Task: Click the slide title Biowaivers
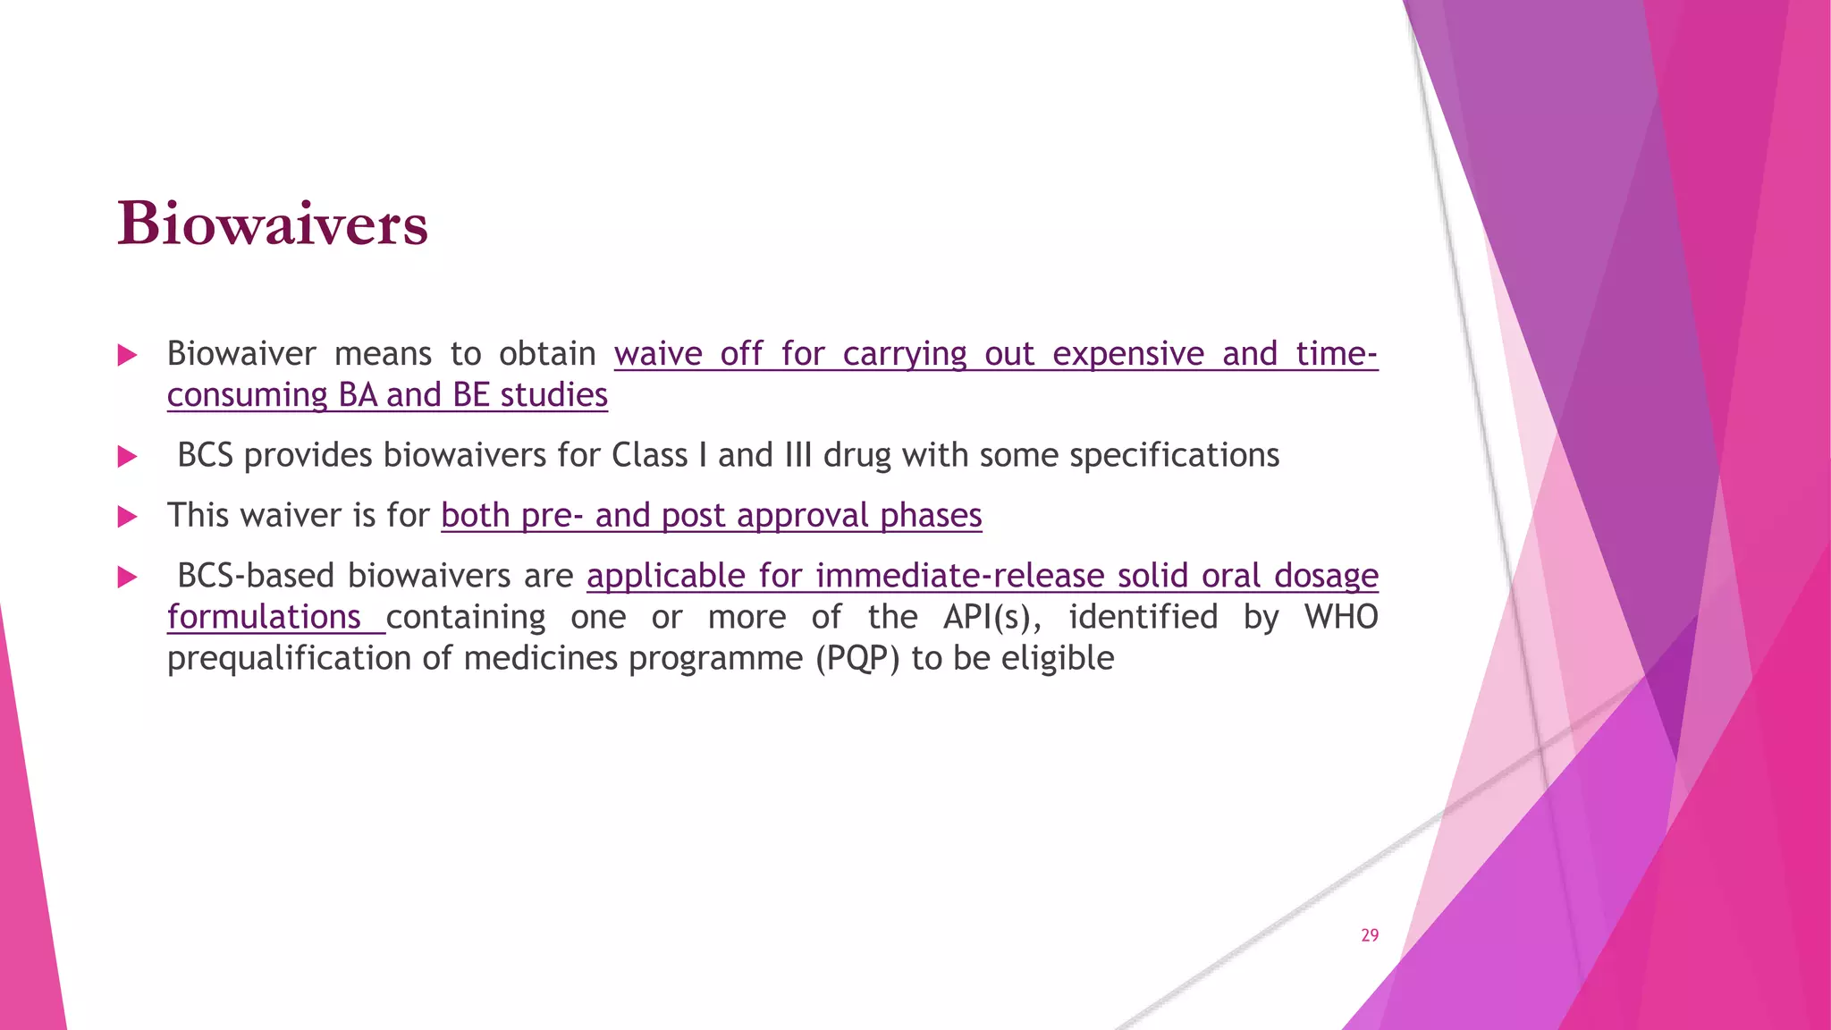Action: coord(273,224)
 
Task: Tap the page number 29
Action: coord(1370,935)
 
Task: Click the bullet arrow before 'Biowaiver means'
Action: coord(127,355)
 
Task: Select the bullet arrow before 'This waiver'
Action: coord(127,517)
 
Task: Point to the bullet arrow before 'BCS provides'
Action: coord(127,457)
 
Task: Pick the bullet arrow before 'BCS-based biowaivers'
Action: coord(127,577)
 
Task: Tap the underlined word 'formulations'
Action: coord(264,617)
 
